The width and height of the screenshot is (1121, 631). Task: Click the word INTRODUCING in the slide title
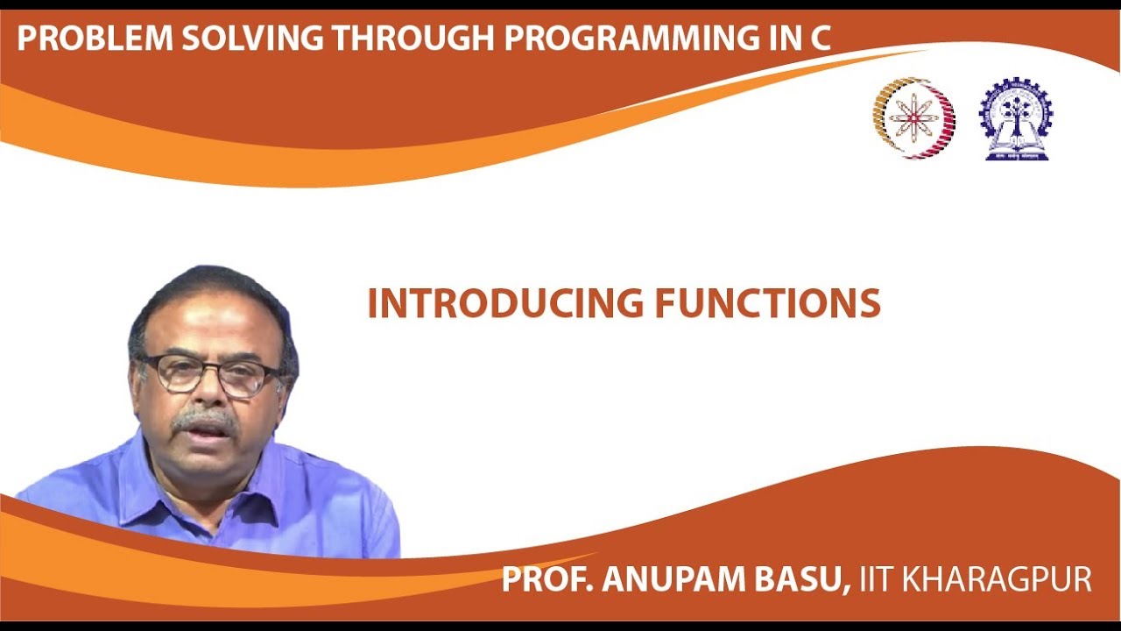click(x=505, y=303)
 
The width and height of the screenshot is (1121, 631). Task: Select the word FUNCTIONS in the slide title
click(x=767, y=303)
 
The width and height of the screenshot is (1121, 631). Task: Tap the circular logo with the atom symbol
click(x=913, y=117)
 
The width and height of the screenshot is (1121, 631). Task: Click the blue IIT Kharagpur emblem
click(x=1016, y=118)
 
